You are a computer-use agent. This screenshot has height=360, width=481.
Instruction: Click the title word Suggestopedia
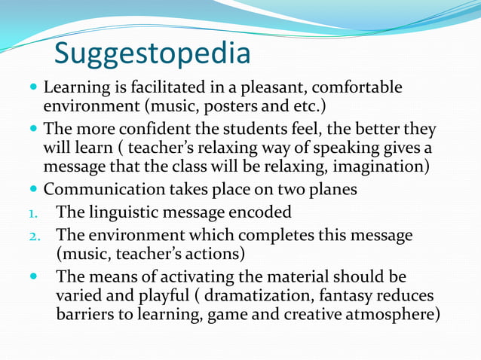pyautogui.click(x=152, y=53)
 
